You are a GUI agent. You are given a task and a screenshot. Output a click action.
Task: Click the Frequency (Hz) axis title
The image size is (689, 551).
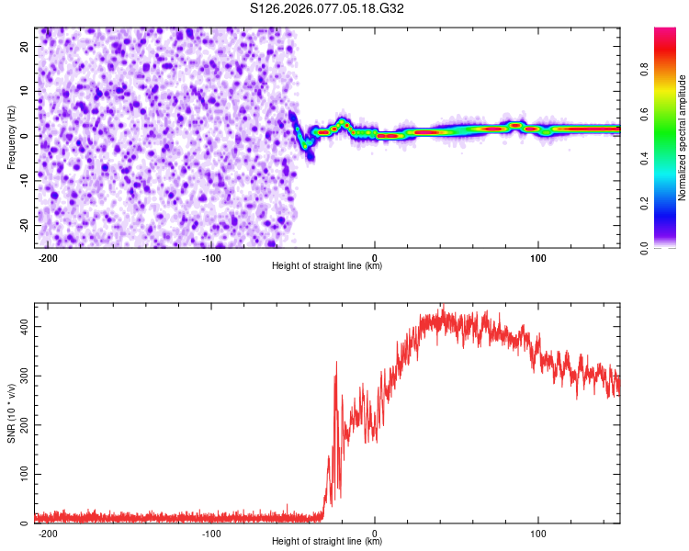11,137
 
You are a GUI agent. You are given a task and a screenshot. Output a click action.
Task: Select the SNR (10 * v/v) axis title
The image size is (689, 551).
11,412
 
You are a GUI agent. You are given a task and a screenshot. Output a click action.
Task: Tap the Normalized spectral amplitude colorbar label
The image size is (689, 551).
683,137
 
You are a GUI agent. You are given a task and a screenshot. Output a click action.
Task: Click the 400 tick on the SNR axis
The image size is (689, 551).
22,327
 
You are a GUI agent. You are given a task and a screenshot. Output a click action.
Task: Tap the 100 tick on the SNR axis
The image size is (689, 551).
22,474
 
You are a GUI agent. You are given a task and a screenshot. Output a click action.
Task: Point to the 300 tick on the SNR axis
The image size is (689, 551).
22,376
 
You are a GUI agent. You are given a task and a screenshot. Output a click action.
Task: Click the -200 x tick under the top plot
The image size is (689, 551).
48,256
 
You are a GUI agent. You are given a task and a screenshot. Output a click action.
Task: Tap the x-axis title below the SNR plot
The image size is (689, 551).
327,542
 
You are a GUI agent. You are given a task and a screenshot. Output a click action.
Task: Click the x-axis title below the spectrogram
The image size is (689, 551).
327,266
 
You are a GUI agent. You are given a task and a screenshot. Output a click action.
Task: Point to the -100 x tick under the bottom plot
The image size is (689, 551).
211,532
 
